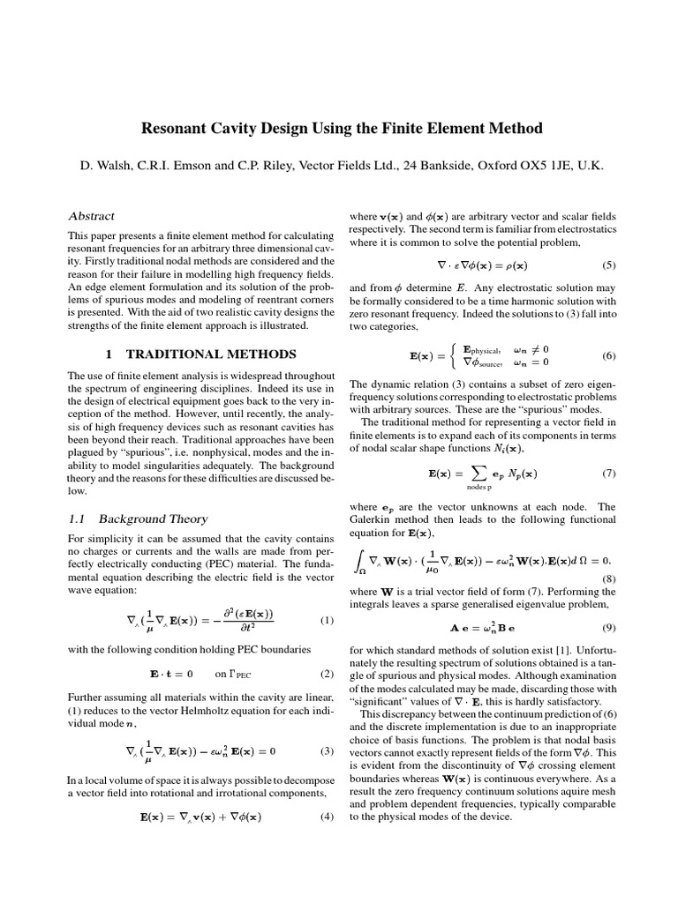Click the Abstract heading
click(91, 216)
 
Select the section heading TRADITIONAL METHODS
click(212, 354)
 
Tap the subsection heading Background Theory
click(153, 519)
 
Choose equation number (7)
click(609, 473)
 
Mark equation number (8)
click(609, 578)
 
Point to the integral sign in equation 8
click(359, 561)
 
